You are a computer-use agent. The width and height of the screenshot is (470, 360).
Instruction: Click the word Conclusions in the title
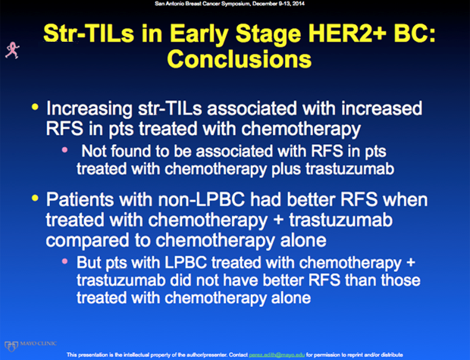[x=240, y=59]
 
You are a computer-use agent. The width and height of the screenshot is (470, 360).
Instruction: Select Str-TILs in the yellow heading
[x=89, y=33]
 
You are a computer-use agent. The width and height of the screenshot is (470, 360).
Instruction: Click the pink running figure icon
[x=12, y=50]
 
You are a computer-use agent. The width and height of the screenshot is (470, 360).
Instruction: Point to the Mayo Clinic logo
[x=30, y=346]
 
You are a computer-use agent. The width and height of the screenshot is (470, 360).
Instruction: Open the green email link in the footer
[x=277, y=355]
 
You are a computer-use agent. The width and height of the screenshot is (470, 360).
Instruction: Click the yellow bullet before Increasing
[x=35, y=107]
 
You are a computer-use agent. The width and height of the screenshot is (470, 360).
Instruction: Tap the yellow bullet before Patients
[x=35, y=198]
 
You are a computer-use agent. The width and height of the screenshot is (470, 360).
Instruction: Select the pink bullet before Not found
[x=64, y=149]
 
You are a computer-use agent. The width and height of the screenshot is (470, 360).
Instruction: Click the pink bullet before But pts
[x=64, y=261]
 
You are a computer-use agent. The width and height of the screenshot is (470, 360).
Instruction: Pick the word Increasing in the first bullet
[x=89, y=109]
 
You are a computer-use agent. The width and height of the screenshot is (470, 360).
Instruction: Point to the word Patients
[x=80, y=199]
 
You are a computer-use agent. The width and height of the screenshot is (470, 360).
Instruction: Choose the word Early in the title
[x=201, y=34]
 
